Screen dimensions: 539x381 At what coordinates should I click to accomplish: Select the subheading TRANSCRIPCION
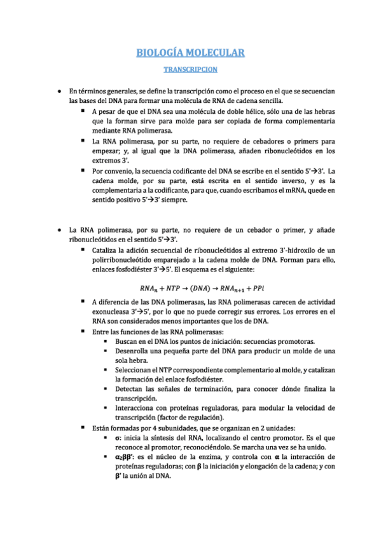tap(191, 69)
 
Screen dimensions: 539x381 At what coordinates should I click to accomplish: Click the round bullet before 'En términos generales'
tap(59, 92)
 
